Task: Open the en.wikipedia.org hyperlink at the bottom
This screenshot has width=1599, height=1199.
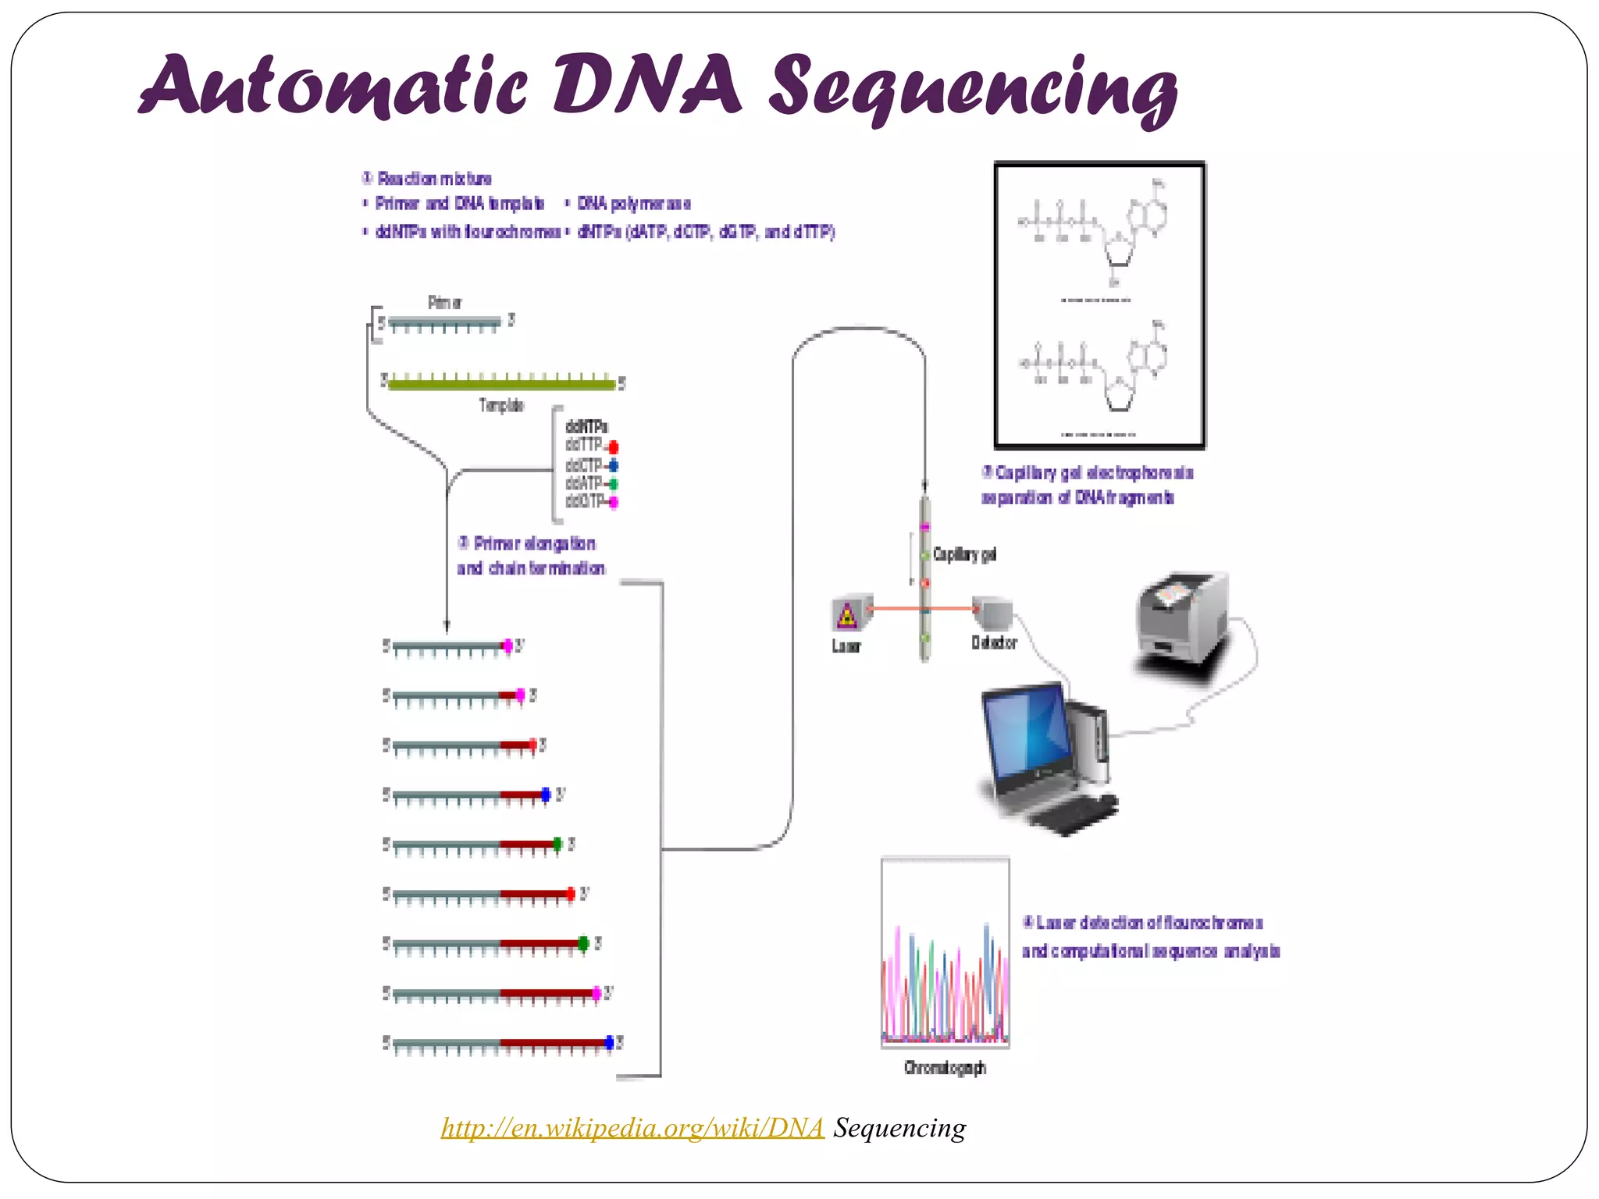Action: [x=632, y=1128]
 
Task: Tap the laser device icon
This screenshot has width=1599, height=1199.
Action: [x=849, y=614]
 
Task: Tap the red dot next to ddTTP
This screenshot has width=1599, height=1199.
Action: [x=614, y=447]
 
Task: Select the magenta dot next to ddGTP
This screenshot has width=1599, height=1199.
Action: [x=614, y=503]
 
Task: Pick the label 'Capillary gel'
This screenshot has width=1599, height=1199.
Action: [x=964, y=554]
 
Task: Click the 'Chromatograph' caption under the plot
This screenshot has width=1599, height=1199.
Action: [x=945, y=1068]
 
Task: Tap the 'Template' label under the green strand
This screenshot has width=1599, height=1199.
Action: [x=501, y=405]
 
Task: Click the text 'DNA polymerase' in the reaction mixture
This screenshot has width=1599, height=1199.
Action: [x=634, y=204]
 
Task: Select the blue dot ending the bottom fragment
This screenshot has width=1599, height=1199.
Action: [x=610, y=1042]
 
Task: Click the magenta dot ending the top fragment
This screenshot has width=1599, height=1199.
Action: [x=507, y=646]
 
